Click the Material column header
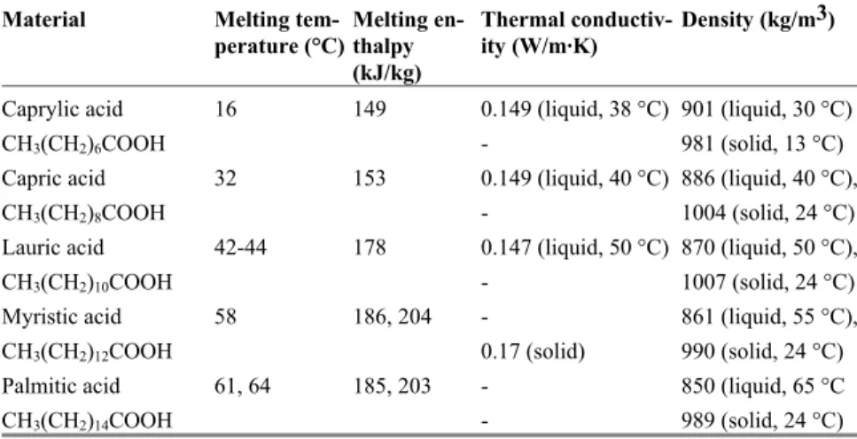click(44, 20)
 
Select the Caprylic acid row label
click(63, 110)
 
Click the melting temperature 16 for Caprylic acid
click(226, 109)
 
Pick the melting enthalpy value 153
click(370, 179)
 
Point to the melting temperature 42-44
click(241, 247)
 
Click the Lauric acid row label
click(53, 247)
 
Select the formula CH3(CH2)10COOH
click(88, 283)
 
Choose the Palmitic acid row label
click(61, 387)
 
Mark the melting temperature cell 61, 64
click(243, 387)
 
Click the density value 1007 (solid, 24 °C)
click(768, 283)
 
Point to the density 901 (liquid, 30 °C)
click(767, 110)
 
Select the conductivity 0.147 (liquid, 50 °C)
click(575, 248)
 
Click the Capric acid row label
click(54, 179)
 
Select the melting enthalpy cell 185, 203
click(393, 387)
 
